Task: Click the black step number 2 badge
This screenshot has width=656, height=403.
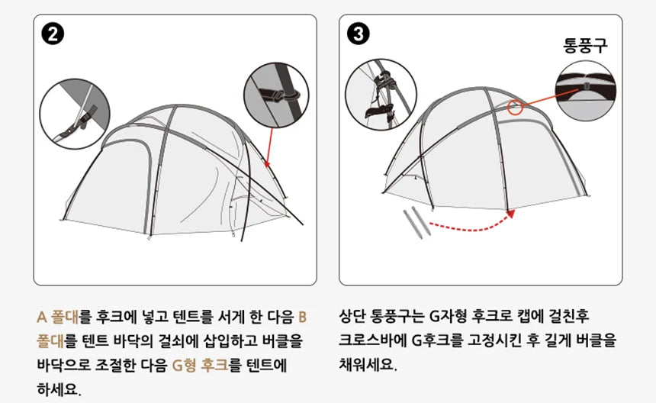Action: pos(54,34)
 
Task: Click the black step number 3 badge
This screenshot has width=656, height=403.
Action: pos(359,34)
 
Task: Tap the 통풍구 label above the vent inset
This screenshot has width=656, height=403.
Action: pos(585,45)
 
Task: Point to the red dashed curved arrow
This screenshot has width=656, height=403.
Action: pos(469,224)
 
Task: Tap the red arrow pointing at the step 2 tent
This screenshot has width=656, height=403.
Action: pos(270,145)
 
